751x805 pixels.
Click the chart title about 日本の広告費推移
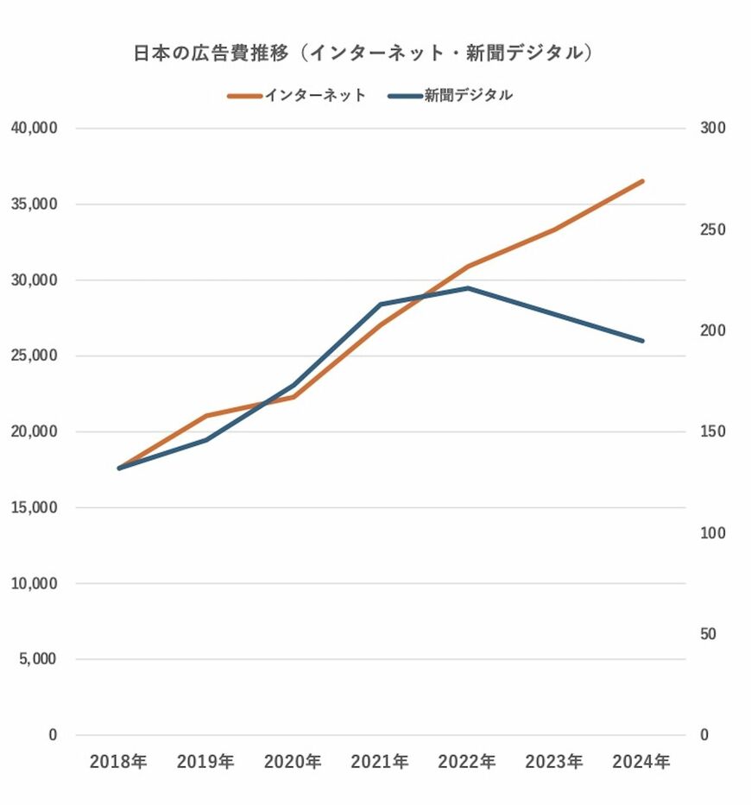pyautogui.click(x=363, y=53)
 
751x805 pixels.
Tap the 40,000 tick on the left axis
pyautogui.click(x=34, y=128)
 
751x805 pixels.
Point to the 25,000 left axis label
pyautogui.click(x=34, y=355)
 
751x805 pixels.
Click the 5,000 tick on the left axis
pyautogui.click(x=37, y=659)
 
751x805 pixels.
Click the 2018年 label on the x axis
pyautogui.click(x=118, y=762)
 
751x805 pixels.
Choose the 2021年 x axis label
pyautogui.click(x=380, y=762)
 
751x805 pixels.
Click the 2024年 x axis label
pyautogui.click(x=641, y=762)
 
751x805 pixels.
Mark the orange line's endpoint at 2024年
pyautogui.click(x=642, y=181)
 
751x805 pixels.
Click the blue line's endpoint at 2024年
pyautogui.click(x=642, y=341)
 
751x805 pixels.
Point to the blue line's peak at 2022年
pyautogui.click(x=468, y=287)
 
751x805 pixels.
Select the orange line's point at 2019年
pyautogui.click(x=205, y=416)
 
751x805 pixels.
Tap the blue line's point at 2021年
pyautogui.click(x=380, y=304)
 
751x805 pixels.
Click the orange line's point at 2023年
pyautogui.click(x=554, y=230)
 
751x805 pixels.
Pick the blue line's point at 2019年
pyautogui.click(x=205, y=440)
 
